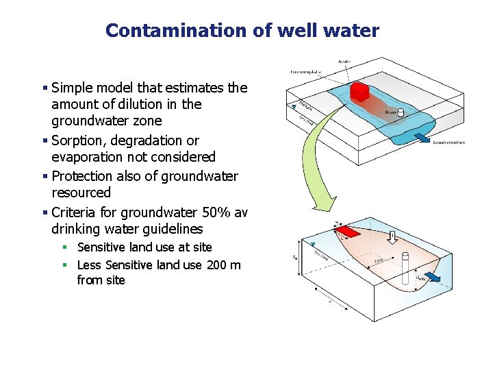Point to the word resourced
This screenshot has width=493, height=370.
pos(81,193)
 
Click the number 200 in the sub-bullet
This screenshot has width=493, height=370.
pos(200,265)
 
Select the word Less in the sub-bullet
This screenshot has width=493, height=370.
pos(88,265)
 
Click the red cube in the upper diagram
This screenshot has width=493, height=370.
pos(359,92)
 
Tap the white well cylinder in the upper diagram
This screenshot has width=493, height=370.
pos(401,112)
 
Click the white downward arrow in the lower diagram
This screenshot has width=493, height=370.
pos(392,238)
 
